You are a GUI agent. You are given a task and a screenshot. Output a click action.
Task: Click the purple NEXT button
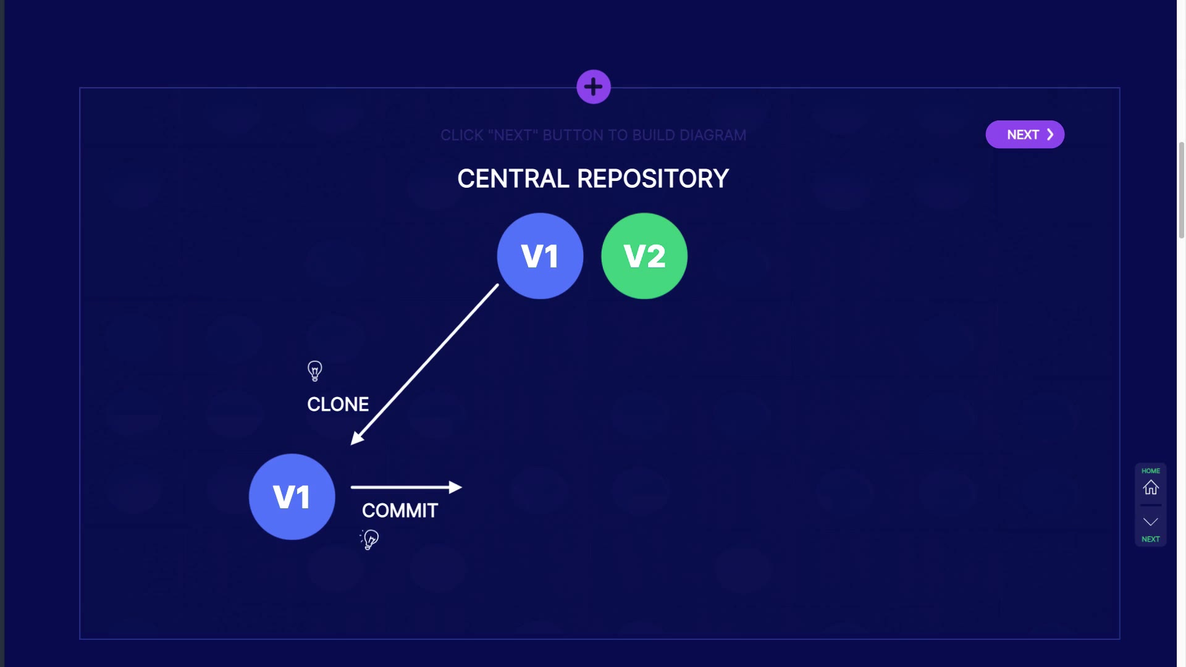(1025, 135)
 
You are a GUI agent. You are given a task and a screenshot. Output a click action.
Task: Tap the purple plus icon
(594, 87)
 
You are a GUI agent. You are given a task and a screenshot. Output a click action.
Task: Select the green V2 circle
(644, 256)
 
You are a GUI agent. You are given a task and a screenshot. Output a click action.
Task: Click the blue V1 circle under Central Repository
(540, 256)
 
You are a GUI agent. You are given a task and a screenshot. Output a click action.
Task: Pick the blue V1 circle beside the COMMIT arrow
(292, 497)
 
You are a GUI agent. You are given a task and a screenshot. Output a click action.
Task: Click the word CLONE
(338, 405)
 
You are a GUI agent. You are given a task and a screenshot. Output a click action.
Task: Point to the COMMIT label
(400, 511)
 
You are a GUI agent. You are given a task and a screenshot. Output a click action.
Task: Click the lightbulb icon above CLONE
(315, 371)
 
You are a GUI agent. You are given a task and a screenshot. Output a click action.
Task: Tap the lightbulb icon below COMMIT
(369, 540)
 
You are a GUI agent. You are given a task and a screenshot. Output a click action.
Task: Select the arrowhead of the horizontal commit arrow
(455, 487)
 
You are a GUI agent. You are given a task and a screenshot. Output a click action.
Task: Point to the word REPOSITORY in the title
(653, 179)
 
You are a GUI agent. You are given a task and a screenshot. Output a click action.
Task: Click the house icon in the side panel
(1151, 487)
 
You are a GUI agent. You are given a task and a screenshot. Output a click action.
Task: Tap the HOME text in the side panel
(1151, 471)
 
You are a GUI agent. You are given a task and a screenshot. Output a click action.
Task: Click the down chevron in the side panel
(1151, 522)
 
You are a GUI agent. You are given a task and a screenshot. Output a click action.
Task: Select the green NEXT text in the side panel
(1151, 539)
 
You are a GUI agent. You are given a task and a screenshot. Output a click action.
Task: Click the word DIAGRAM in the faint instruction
(713, 135)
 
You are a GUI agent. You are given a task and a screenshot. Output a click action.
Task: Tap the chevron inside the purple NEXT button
(1050, 135)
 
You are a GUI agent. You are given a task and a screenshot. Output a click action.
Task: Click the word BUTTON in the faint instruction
(573, 135)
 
